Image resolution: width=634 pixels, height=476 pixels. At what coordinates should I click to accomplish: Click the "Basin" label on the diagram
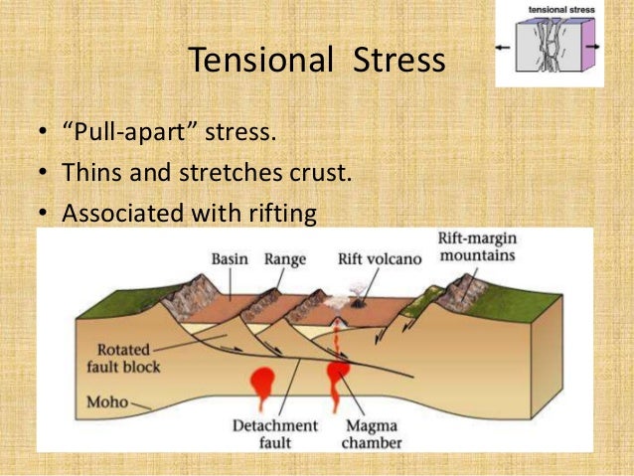pyautogui.click(x=230, y=259)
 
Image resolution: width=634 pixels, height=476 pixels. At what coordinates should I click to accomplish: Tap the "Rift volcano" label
pyautogui.click(x=378, y=259)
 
